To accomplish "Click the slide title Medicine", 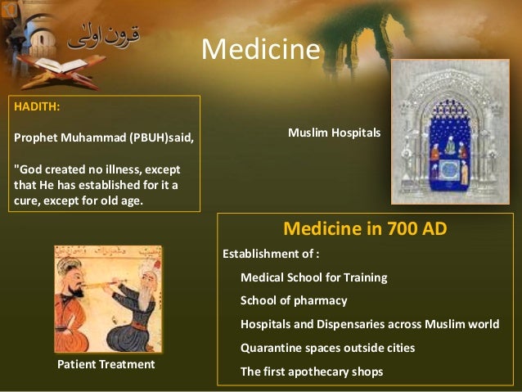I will pyautogui.click(x=261, y=50).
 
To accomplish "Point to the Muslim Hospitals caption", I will pyautogui.click(x=335, y=131).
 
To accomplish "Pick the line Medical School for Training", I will pyautogui.click(x=313, y=277).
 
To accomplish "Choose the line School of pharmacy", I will pyautogui.click(x=294, y=300).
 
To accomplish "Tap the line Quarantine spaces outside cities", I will pyautogui.click(x=327, y=348).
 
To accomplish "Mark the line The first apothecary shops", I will pyautogui.click(x=311, y=372).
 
